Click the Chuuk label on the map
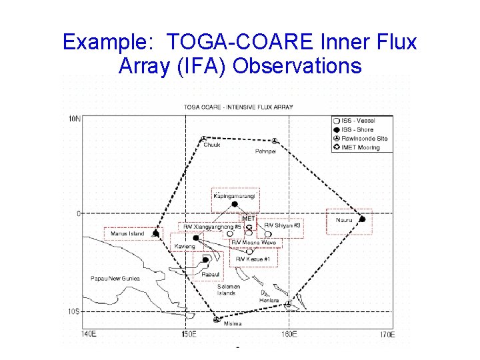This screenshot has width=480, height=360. pos(212,145)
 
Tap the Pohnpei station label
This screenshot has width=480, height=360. pos(265,151)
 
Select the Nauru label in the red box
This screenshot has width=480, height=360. pos(344,220)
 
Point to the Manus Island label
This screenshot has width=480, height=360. pos(127,234)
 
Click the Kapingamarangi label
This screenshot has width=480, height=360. pos(233,196)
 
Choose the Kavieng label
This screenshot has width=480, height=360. pos(185,247)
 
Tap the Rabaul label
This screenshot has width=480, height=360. pos(210,273)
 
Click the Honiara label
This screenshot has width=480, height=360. pos(269,301)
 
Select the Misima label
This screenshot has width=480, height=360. pos(233,324)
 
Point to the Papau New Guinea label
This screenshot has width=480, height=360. pos(115,278)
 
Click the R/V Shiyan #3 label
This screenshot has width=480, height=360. pos(283,226)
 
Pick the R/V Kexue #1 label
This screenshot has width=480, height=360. pos(253,259)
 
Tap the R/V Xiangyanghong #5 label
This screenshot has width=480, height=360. pos(212,227)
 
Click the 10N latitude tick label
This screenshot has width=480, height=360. pos(75,119)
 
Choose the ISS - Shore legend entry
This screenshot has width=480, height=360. pos(358,129)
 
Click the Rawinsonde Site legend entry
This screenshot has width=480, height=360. pos(364,139)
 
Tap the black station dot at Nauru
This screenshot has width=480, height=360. pos(362,219)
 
